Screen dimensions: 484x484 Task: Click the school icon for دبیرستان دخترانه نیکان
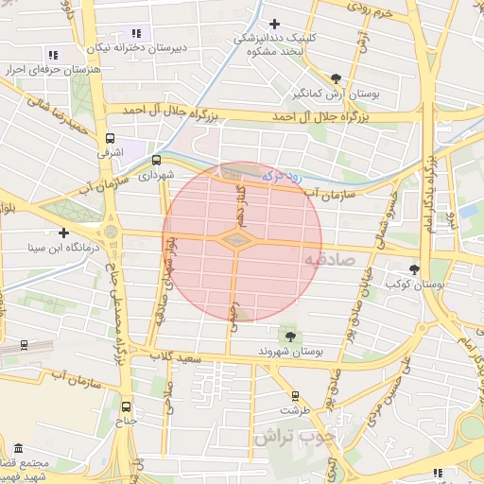136,33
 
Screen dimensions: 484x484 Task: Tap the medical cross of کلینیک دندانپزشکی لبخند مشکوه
274,24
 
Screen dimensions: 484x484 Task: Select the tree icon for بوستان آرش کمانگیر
337,78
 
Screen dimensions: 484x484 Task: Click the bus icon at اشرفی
111,138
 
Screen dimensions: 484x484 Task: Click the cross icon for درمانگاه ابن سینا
63,232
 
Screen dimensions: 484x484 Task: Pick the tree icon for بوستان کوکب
413,270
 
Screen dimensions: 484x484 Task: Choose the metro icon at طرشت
295,396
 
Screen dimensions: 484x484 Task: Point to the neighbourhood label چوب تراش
294,437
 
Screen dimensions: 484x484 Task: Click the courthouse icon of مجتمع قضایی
18,447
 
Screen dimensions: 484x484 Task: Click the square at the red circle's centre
234,241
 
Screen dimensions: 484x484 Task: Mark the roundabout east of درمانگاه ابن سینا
112,232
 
